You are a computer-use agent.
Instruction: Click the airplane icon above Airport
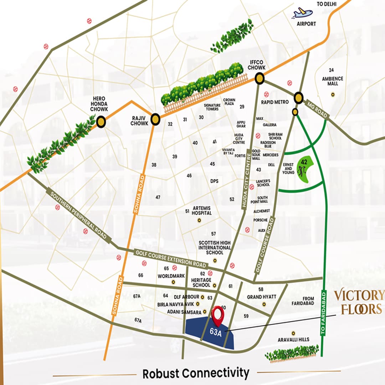(x=303, y=13)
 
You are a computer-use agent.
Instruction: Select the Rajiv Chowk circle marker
(x=155, y=119)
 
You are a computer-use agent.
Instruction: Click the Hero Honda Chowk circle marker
(x=102, y=122)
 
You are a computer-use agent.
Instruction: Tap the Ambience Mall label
(x=332, y=81)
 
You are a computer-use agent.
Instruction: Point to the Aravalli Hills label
(x=293, y=340)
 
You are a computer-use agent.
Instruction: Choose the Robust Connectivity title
(x=196, y=373)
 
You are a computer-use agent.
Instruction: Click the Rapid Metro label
(x=274, y=102)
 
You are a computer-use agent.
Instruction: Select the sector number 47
(x=158, y=197)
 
